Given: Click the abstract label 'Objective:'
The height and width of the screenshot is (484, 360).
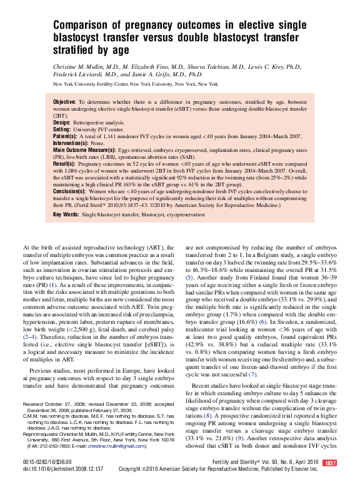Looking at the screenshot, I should click(x=64, y=101).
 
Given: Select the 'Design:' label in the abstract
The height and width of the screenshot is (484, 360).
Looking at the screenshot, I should click(x=62, y=123).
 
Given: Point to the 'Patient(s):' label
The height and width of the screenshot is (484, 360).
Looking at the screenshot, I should click(x=66, y=136).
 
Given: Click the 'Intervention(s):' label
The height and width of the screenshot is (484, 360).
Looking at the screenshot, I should click(x=70, y=143).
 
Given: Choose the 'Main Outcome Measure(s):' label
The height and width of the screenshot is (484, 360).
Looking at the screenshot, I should click(x=84, y=150).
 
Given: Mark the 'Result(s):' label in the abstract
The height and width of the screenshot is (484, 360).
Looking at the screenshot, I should click(x=64, y=163).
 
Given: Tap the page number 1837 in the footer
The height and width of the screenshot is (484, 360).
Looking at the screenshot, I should click(x=331, y=463).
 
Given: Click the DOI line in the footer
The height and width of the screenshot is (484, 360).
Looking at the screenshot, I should click(x=62, y=468).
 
